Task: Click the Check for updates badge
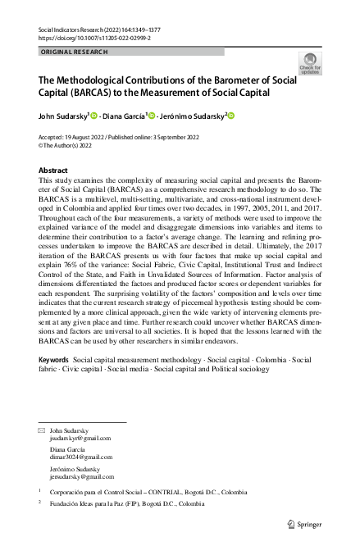click(311, 64)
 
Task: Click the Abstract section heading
click(54, 171)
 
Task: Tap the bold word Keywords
click(54, 383)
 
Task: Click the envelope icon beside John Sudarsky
click(43, 430)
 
